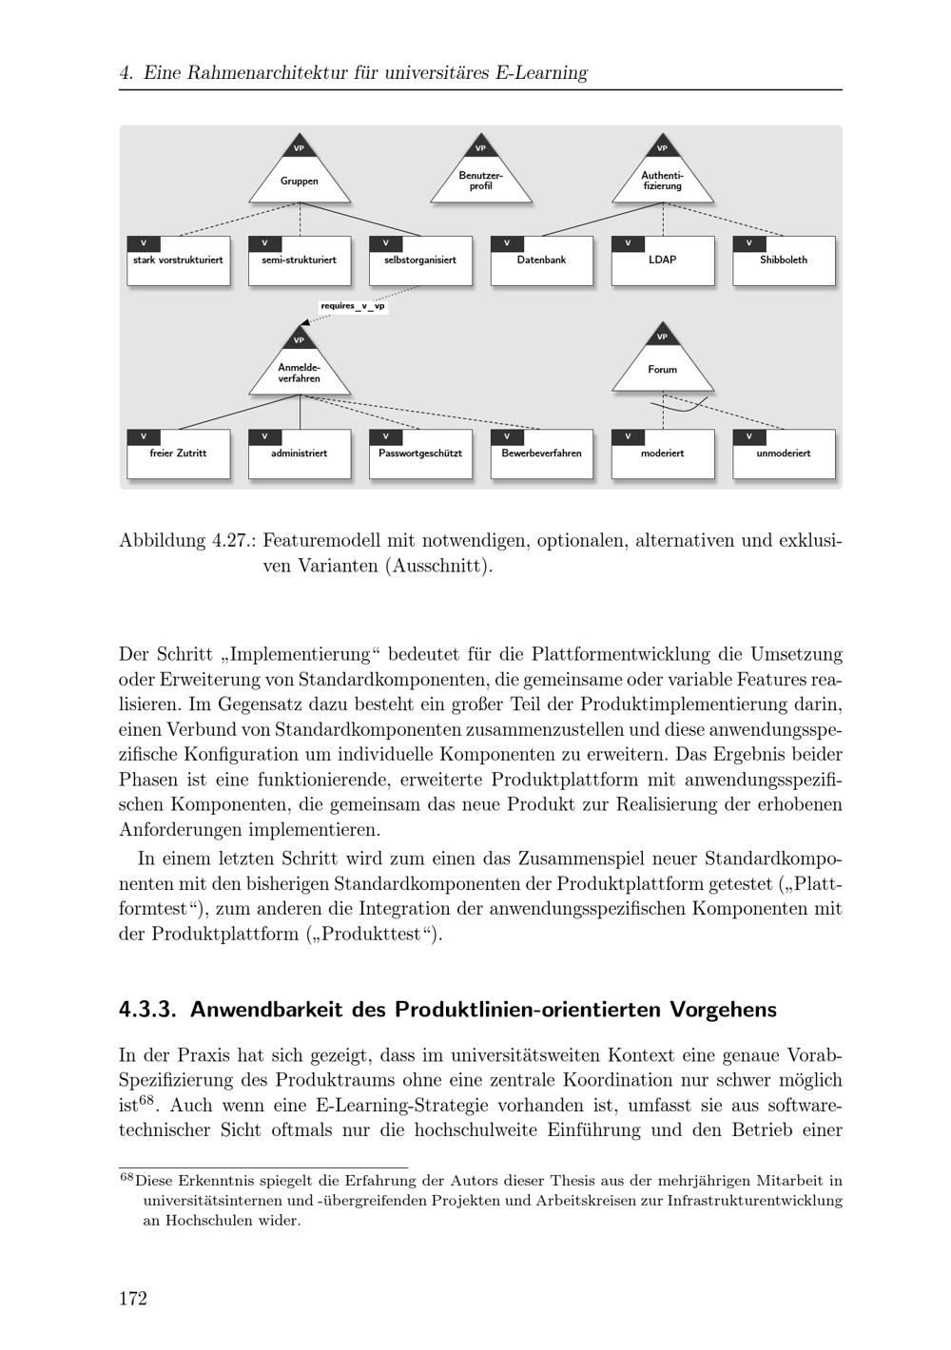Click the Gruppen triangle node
click(300, 177)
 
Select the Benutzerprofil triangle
click(481, 178)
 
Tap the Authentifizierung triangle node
click(663, 178)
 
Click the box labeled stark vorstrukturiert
click(179, 260)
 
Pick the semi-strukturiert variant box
click(300, 260)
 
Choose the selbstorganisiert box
click(420, 260)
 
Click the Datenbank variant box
click(542, 260)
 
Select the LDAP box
click(663, 260)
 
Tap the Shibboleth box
click(784, 260)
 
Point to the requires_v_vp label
click(353, 307)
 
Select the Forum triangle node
click(663, 367)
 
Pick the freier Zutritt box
click(179, 454)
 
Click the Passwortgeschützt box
click(420, 454)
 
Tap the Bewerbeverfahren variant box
click(542, 454)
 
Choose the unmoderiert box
click(784, 454)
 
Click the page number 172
click(133, 1299)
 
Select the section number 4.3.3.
click(147, 1010)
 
